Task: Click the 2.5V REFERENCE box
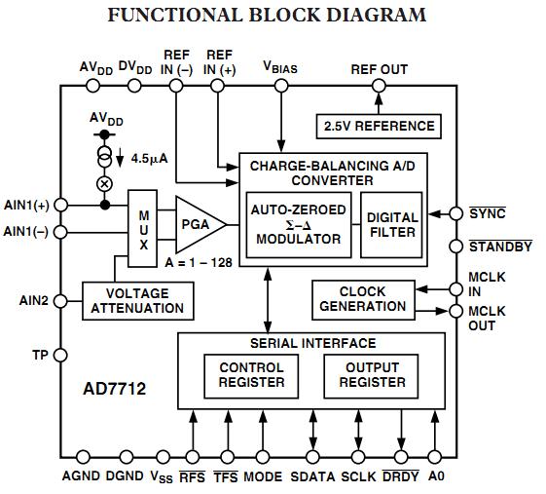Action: (x=378, y=126)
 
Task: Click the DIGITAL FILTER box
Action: (x=392, y=224)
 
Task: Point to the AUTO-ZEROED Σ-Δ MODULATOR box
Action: (x=296, y=224)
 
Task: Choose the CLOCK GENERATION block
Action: (x=362, y=298)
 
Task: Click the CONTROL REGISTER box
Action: (x=251, y=375)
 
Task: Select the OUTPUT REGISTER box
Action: (x=371, y=375)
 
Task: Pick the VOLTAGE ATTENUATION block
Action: (x=137, y=300)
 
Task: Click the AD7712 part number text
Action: (x=114, y=390)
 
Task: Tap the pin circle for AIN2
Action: (x=60, y=301)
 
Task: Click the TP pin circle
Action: (x=60, y=356)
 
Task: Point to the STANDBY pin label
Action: (x=500, y=247)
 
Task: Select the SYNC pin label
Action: (x=488, y=213)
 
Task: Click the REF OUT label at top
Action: (x=380, y=69)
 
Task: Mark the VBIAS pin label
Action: (x=281, y=68)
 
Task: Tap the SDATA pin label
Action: (x=313, y=476)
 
